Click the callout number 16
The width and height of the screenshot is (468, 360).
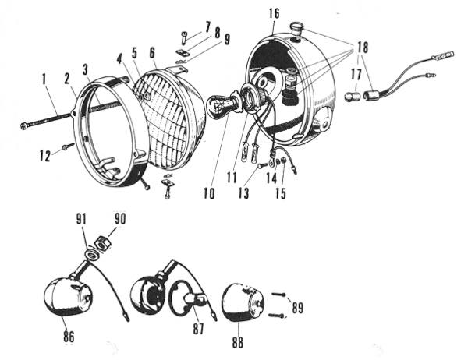coord(274,14)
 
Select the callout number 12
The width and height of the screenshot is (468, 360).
coord(45,155)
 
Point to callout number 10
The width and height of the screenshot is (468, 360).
coord(209,193)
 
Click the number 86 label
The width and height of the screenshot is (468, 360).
coord(69,337)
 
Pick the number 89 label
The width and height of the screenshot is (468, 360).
coord(298,308)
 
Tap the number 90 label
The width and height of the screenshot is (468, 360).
coord(119,219)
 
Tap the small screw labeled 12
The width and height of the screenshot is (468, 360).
coord(69,146)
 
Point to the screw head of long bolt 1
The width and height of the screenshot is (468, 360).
coord(24,126)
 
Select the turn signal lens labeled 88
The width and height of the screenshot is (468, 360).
coord(243,303)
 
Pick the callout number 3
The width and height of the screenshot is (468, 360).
coord(86,70)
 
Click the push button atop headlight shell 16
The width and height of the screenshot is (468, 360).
coord(296,29)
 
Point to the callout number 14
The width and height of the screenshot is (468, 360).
coord(271,179)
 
